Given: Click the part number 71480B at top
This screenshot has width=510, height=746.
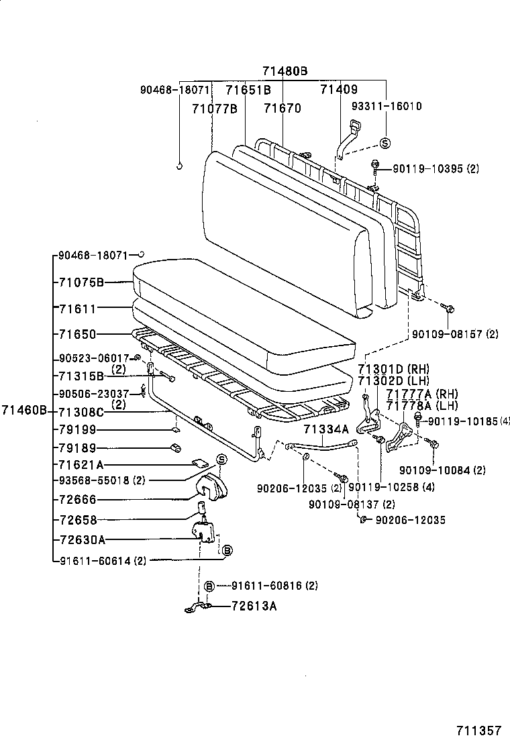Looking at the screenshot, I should click(x=285, y=71).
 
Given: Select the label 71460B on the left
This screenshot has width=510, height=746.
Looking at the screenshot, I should click(x=23, y=410).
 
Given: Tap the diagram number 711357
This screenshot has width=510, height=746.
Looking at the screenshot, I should click(x=479, y=730).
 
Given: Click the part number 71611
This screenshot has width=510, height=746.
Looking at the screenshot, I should click(x=77, y=309).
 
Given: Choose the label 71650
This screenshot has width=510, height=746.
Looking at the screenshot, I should click(x=77, y=333).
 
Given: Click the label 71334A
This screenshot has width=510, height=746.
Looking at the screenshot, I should click(x=325, y=429).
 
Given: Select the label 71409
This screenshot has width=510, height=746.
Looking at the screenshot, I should click(x=338, y=89).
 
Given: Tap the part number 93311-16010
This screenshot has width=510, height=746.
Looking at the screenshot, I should click(x=387, y=106).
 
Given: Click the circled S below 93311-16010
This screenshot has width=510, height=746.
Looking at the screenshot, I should click(x=385, y=142).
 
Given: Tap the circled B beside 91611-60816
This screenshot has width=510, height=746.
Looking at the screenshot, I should click(x=209, y=586).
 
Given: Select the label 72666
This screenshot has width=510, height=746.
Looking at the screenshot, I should click(x=77, y=500).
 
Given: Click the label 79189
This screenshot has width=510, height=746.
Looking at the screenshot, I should click(x=77, y=448).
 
